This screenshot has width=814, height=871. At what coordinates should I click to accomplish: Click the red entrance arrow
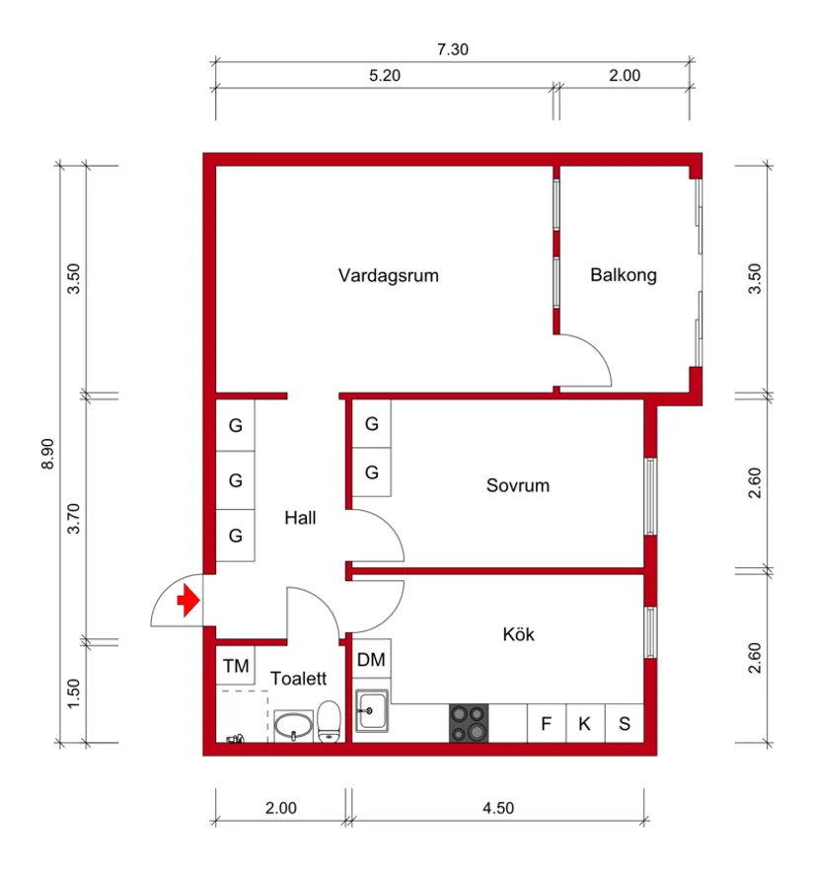186,600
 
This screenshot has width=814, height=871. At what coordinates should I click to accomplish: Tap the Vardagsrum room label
388,275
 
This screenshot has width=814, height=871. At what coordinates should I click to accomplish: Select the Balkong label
623,275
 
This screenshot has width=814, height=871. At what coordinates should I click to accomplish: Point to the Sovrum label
517,485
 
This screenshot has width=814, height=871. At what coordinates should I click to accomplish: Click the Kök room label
518,634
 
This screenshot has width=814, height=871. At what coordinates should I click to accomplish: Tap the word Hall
300,517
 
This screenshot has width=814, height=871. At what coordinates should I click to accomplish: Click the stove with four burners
469,723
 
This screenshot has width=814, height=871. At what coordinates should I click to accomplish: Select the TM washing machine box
235,666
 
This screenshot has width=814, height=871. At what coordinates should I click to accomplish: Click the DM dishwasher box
371,660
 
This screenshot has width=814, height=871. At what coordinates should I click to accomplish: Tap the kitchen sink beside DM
371,710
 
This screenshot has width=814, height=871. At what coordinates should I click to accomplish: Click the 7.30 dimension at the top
452,51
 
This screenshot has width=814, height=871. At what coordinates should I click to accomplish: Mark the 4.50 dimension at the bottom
498,809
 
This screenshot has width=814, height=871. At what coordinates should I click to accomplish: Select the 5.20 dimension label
384,76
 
